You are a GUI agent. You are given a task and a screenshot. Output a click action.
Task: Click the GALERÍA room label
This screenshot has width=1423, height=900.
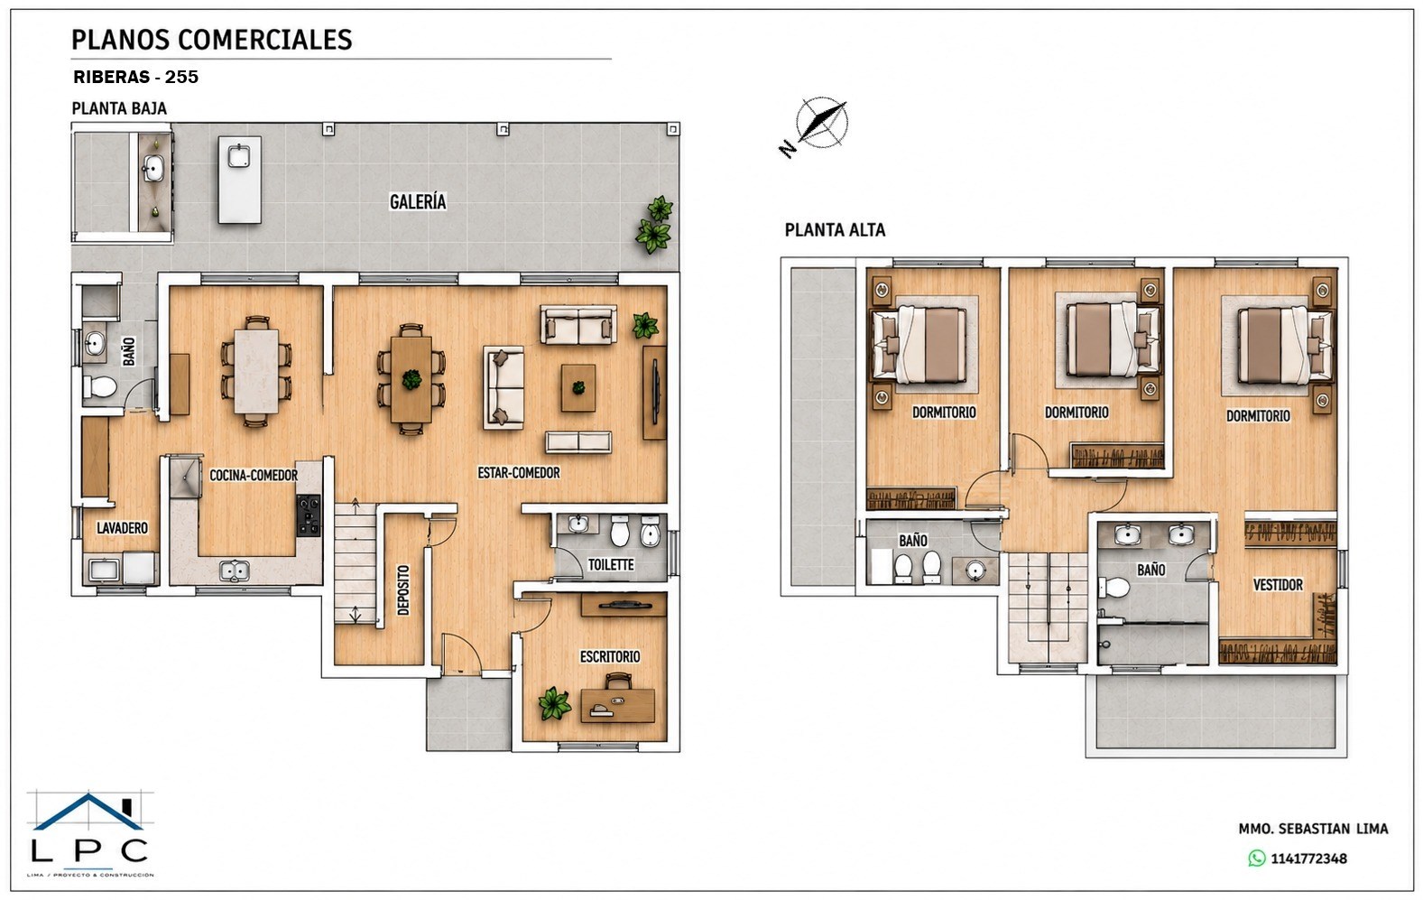pos(418,202)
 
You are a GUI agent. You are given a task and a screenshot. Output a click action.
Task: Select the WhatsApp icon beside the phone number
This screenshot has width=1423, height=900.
pos(1256,858)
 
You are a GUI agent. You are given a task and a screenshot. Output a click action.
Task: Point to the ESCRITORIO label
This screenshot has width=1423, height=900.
pos(610,656)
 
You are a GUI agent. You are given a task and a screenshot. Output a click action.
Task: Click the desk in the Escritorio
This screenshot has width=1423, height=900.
pos(617,706)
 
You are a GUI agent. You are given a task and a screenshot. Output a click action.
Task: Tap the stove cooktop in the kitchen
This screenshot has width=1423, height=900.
pos(308,515)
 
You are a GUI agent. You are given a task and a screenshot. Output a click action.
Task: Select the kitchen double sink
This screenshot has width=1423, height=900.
pos(234,571)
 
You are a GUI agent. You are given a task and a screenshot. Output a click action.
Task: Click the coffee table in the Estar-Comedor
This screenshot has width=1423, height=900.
pos(578,387)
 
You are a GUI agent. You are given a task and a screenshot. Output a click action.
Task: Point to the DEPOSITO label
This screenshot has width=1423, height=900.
pos(403,589)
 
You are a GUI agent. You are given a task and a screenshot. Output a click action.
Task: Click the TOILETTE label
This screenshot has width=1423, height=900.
pos(611,564)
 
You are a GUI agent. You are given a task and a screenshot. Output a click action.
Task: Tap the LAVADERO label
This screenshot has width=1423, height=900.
pos(122,527)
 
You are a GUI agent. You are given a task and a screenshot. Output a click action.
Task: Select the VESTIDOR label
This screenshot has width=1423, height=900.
pos(1278,584)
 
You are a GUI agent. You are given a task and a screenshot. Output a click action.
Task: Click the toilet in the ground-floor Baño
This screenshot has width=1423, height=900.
pos(100,385)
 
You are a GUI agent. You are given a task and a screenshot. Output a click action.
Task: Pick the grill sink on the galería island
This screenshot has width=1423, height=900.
pos(239,156)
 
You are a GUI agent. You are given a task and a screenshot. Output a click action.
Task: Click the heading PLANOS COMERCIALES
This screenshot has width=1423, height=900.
pos(211,40)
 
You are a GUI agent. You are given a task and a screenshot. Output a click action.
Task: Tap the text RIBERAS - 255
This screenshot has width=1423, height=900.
pos(136,77)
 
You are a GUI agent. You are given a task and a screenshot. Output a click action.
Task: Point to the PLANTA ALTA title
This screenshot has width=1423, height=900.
pos(835,229)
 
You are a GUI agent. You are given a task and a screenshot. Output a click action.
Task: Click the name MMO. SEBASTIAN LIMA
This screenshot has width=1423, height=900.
pos(1313,829)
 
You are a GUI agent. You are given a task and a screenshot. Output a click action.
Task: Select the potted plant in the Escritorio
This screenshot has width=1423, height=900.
pos(555,703)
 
